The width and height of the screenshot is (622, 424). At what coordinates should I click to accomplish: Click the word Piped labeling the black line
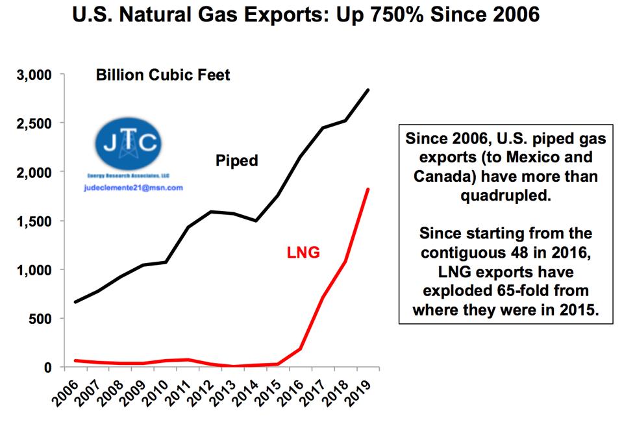(x=236, y=160)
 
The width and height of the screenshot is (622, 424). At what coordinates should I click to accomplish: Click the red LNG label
(x=303, y=253)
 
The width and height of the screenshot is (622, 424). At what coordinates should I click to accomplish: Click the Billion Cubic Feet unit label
(x=163, y=75)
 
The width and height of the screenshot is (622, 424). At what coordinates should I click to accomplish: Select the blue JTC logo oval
(x=128, y=143)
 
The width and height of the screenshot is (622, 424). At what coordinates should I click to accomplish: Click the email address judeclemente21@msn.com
(x=133, y=188)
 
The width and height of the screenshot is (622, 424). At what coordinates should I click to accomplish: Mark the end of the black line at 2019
(x=369, y=90)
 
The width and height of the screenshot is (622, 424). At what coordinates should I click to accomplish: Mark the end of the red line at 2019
(x=369, y=189)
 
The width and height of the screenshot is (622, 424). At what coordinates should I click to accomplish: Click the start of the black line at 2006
(x=76, y=302)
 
